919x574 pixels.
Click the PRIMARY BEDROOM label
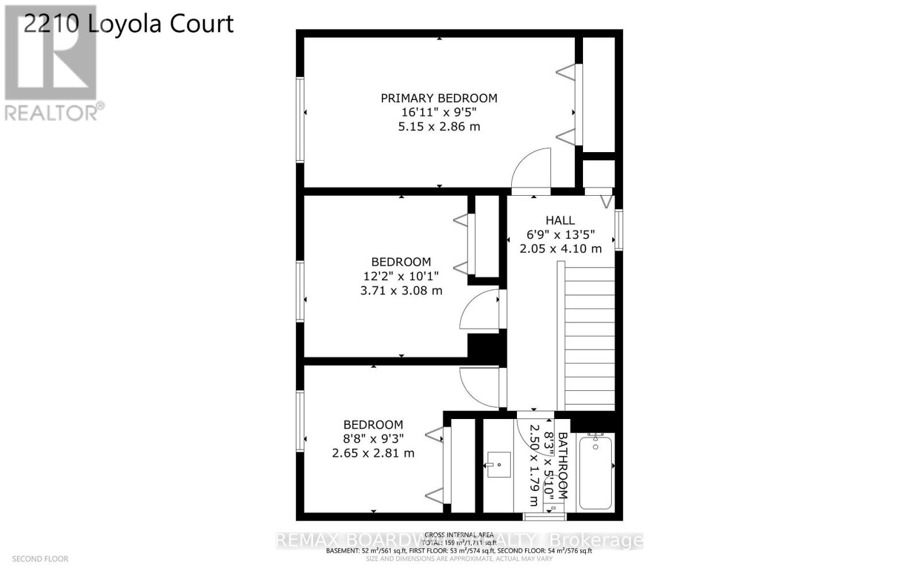[439, 98]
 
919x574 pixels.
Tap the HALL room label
[560, 220]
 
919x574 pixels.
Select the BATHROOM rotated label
[563, 465]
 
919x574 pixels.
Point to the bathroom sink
[499, 464]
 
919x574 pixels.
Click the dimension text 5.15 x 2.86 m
[439, 127]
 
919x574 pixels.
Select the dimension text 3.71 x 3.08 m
[401, 290]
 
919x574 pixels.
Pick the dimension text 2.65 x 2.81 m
[373, 453]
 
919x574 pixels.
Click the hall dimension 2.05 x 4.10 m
[561, 249]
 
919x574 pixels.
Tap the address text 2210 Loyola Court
[128, 24]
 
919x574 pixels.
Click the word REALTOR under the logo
[52, 113]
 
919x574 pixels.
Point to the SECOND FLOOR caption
[40, 559]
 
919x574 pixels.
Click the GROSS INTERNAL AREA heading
[459, 535]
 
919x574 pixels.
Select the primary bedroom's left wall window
[300, 119]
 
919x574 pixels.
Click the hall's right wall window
[619, 230]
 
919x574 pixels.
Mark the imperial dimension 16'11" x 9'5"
[439, 113]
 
